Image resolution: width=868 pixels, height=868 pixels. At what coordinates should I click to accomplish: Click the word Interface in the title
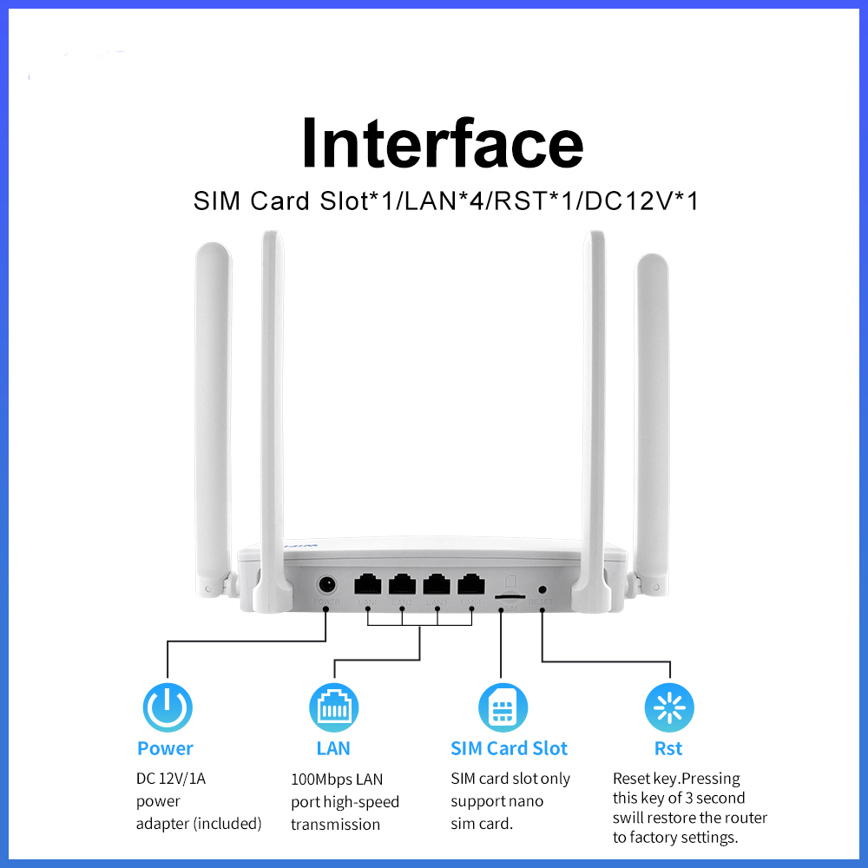(x=442, y=143)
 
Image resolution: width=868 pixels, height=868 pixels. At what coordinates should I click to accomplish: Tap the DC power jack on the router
(x=327, y=584)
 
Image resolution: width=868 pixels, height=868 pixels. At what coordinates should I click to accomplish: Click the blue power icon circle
(x=166, y=707)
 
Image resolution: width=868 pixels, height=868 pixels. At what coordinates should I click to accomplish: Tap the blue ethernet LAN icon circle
(x=333, y=707)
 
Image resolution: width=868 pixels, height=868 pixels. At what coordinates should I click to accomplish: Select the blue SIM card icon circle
(x=503, y=707)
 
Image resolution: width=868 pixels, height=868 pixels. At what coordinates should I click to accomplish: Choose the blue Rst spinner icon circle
(x=669, y=707)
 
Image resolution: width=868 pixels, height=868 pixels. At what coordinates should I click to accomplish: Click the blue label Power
(x=165, y=748)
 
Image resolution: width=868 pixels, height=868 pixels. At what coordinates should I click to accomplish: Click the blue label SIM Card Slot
(x=509, y=748)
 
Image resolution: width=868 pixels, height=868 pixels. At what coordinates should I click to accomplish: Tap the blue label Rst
(x=668, y=748)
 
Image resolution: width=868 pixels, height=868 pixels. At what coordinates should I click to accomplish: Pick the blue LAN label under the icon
(x=333, y=748)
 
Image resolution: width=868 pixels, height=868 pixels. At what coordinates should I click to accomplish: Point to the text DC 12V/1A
(x=171, y=779)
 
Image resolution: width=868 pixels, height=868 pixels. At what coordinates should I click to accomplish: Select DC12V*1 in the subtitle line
(x=642, y=201)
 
